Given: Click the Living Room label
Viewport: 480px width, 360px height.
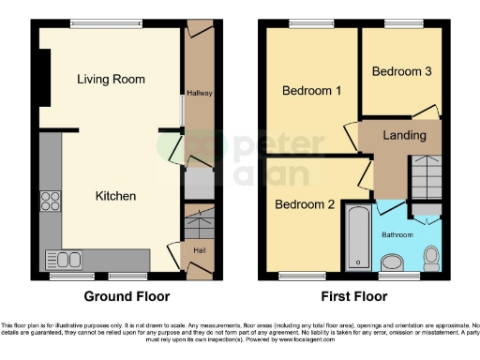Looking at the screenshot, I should pos(111,80).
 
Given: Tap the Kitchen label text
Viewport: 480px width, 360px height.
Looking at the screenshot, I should pos(116,196).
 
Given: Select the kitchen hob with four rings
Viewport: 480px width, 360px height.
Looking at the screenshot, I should pos(50,202).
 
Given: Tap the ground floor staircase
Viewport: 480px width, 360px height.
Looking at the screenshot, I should pos(198,226).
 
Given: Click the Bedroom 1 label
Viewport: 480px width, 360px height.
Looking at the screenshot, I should pos(311,91).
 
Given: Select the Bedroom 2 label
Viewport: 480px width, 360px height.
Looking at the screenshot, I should pos(305,202).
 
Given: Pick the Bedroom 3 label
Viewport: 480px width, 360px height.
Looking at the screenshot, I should pos(401,71).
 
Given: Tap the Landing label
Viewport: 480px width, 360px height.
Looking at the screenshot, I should pos(404,135).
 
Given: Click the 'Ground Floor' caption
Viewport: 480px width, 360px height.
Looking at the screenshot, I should pos(127,296).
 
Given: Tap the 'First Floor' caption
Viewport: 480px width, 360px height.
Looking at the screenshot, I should pos(353,296).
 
